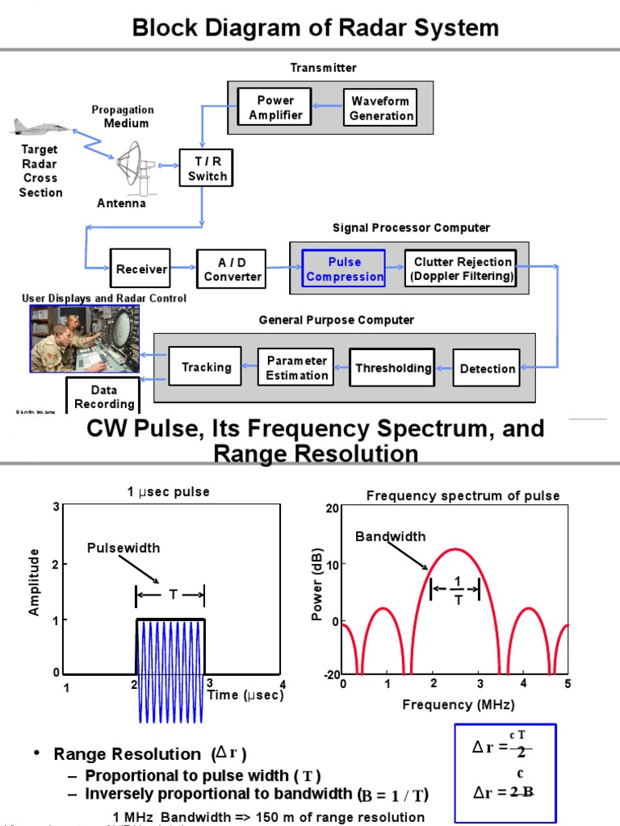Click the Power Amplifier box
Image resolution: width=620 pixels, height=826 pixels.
tap(275, 108)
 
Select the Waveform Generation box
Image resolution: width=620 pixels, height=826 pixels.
tap(381, 108)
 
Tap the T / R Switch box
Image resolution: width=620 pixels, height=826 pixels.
tap(207, 169)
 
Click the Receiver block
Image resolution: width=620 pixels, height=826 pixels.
tap(141, 269)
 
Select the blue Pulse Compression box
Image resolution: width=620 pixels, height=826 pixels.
tap(345, 269)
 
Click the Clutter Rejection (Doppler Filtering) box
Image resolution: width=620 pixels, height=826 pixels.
tap(462, 269)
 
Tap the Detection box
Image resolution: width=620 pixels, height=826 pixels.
tap(487, 369)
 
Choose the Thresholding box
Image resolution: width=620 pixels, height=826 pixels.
tap(393, 368)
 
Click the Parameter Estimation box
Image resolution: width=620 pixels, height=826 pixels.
tap(297, 368)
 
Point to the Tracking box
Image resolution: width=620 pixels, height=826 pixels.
tap(206, 367)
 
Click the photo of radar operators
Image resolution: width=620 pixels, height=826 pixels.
tap(85, 338)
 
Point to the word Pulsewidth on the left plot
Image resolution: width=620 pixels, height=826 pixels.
tap(124, 548)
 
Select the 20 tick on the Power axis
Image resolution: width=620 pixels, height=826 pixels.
tap(332, 507)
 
